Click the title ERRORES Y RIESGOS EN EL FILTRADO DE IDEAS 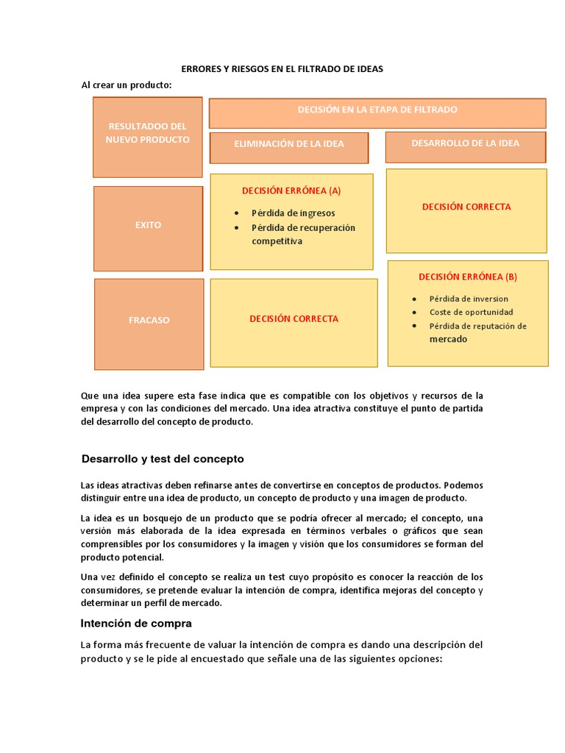coord(282,69)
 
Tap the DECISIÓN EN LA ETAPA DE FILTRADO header coord(377,110)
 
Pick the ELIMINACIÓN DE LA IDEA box coord(288,144)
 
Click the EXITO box coord(148,225)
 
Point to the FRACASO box coord(149,321)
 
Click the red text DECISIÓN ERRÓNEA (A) coord(291,190)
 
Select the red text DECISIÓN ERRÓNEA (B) coord(467,277)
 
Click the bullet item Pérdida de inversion coord(469,299)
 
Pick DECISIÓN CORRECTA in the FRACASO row coord(294,319)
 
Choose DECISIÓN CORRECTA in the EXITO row coord(466,207)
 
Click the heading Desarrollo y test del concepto coord(162,459)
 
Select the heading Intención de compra coord(136,624)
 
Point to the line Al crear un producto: coord(126,85)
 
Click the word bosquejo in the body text coord(153,518)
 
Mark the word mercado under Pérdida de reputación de coord(448,339)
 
